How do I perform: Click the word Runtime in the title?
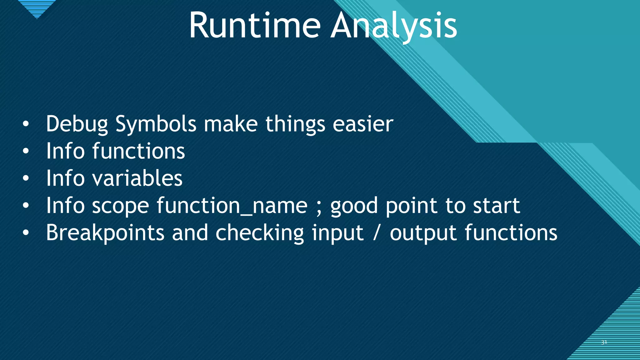pos(255,26)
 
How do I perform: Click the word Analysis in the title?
pos(394,26)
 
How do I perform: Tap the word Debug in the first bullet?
pos(77,124)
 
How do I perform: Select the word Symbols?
pos(156,124)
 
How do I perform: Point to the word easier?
pos(362,124)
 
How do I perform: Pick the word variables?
pos(137,178)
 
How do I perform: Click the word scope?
pos(120,206)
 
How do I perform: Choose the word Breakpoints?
pos(105,233)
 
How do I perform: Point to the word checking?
pos(259,233)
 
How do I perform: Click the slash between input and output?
pos(377,233)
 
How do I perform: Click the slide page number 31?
pos(604,342)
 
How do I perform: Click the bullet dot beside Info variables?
pos(26,179)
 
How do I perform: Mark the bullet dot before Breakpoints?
pos(26,233)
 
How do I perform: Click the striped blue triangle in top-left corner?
pos(37,8)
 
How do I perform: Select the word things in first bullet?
pos(295,124)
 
